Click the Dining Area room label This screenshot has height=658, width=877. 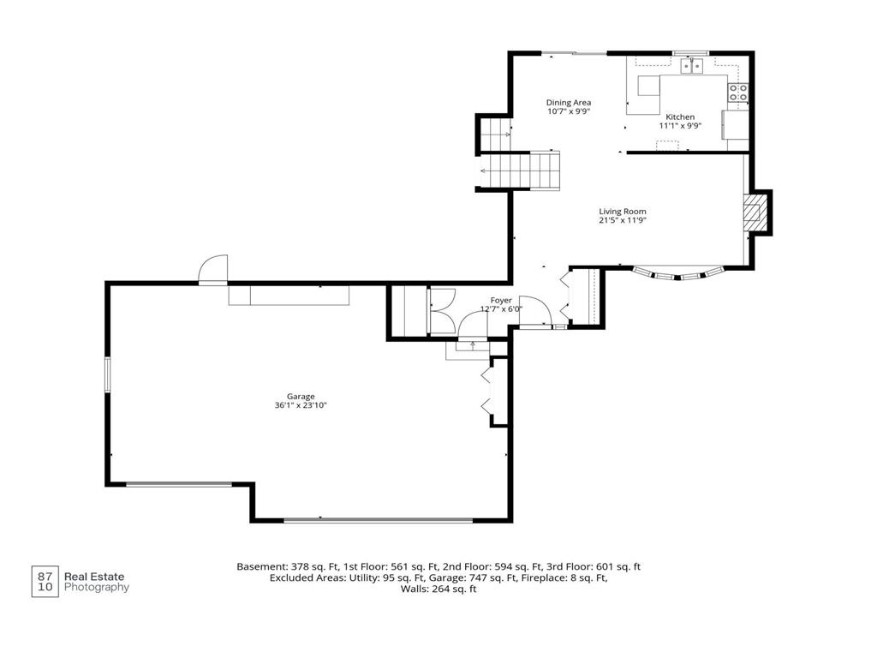pos(569,103)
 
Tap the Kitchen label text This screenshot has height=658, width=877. pos(680,117)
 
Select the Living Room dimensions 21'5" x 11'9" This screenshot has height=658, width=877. pos(623,220)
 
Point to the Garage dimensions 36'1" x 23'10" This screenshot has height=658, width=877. pos(301,405)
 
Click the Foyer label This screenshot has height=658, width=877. pos(501,301)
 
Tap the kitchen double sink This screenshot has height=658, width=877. pos(692,67)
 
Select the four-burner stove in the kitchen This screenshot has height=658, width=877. pos(737,93)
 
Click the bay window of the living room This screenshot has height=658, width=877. pos(678,275)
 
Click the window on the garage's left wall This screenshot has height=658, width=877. pos(108,374)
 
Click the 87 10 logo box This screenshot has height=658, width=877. pos(45,582)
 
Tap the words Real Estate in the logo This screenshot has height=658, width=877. pos(94,577)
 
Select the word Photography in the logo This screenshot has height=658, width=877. pos(97,588)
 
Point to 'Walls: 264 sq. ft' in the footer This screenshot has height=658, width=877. pos(438,589)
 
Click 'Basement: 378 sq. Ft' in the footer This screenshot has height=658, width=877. pos(288,567)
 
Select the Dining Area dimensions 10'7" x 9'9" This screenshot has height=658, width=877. pos(569,111)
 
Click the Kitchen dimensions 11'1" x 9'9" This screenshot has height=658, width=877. pos(680,126)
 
